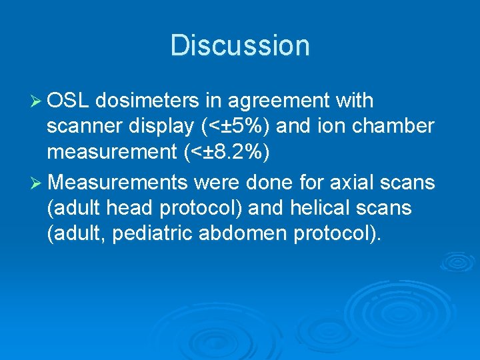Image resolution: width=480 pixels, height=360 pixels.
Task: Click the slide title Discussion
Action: coord(240,45)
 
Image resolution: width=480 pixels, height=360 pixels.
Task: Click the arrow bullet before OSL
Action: coord(37,101)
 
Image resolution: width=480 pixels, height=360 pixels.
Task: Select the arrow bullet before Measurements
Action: coord(37,182)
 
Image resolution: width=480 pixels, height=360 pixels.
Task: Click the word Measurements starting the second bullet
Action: coord(117,182)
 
